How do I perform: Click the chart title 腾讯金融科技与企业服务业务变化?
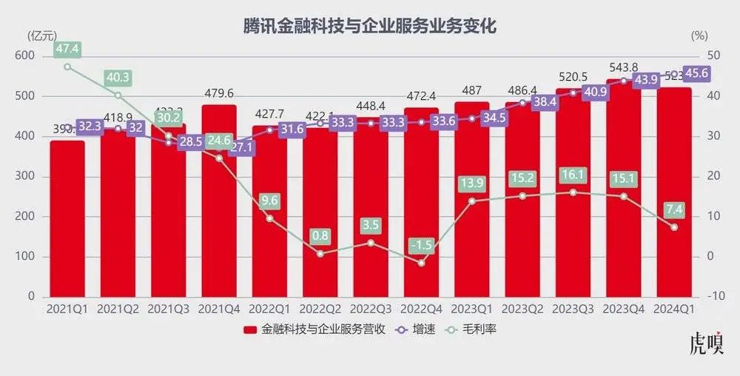coord(370,26)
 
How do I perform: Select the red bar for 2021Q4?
coord(219,222)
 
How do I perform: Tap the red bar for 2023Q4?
coord(623,207)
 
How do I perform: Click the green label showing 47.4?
coord(67,50)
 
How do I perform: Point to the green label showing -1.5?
coord(421,245)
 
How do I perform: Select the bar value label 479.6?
coord(219,94)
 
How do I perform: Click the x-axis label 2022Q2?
coord(320,308)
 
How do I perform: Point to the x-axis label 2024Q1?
coord(674,308)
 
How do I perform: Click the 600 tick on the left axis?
coord(25,56)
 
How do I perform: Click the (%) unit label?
coord(699,35)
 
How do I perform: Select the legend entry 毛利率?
coord(489,329)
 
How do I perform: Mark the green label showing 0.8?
coord(320,236)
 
